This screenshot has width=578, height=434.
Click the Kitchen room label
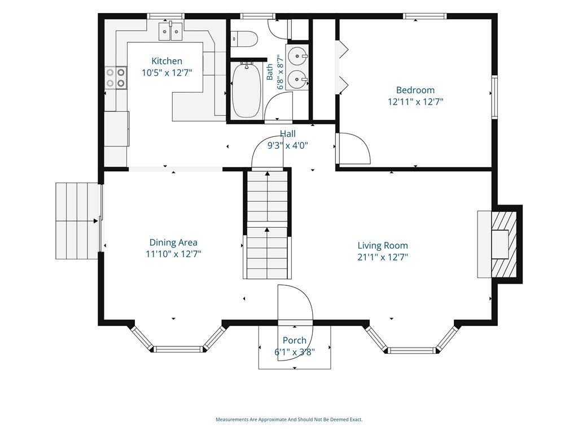click(167, 61)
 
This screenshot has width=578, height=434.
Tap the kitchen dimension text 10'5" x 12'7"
click(167, 73)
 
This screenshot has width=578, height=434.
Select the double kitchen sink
click(170, 31)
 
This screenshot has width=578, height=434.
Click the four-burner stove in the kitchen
click(116, 78)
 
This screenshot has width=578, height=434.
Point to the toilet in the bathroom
click(244, 39)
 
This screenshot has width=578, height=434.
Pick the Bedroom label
click(415, 90)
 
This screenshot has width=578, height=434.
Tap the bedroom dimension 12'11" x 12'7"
click(415, 102)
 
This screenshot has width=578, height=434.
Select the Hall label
click(287, 133)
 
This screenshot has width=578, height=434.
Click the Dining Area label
click(173, 242)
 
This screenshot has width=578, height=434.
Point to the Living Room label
click(383, 245)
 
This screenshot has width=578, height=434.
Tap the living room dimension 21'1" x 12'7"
click(383, 257)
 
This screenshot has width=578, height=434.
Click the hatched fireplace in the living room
click(503, 244)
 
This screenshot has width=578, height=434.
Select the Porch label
click(295, 340)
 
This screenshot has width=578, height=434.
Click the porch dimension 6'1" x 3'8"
click(295, 352)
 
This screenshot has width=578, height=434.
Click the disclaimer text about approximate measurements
click(289, 420)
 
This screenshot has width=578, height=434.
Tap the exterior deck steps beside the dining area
click(77, 221)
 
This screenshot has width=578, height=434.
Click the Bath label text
click(269, 72)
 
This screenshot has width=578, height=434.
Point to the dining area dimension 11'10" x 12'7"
click(173, 254)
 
